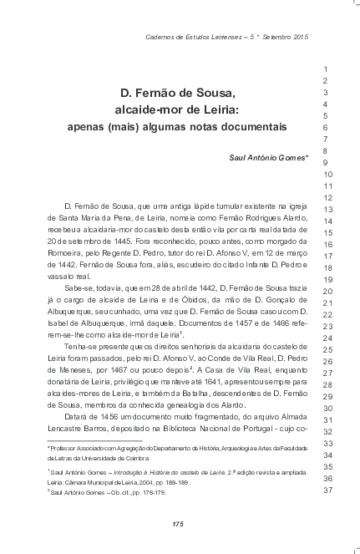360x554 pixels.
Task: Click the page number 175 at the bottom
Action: tap(177, 524)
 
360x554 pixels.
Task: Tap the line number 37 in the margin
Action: tap(328, 490)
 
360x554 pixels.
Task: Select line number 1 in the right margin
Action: tap(326, 69)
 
